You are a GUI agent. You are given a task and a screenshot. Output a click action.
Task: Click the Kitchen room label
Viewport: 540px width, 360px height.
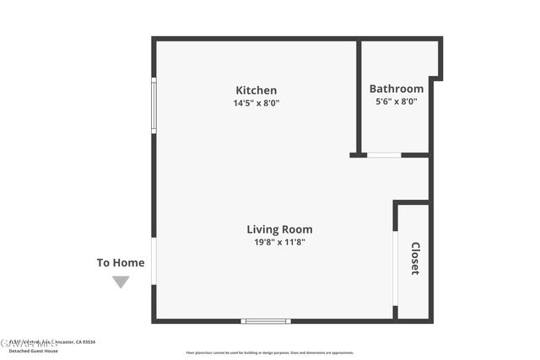(x=256, y=90)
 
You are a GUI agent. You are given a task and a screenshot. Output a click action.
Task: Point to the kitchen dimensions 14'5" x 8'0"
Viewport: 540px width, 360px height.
(x=256, y=103)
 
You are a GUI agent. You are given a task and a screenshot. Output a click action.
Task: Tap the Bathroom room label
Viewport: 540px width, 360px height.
(x=396, y=89)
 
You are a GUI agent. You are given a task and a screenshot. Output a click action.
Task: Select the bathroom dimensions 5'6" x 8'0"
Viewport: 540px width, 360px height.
(x=396, y=101)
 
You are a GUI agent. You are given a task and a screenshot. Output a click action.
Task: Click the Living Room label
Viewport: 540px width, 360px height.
(x=279, y=228)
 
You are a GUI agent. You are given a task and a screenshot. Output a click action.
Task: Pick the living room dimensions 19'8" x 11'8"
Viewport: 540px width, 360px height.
(x=279, y=242)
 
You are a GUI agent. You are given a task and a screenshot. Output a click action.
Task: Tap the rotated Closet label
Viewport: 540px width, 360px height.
(x=415, y=258)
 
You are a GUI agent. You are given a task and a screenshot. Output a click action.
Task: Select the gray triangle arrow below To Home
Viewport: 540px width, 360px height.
(x=121, y=282)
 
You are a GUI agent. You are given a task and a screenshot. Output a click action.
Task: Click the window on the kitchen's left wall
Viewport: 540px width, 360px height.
(x=154, y=105)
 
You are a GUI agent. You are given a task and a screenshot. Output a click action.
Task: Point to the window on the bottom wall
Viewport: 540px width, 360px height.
(x=265, y=321)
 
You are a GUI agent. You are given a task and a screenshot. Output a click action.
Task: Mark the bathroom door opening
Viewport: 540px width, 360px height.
(x=384, y=155)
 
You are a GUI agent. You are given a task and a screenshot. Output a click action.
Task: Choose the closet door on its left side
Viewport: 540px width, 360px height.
(x=395, y=268)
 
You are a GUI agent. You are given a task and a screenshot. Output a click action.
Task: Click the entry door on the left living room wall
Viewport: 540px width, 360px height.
(x=154, y=261)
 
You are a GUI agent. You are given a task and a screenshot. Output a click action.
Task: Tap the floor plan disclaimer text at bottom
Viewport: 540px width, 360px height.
(x=270, y=352)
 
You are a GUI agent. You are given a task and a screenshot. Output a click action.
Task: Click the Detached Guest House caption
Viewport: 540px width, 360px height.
(x=34, y=351)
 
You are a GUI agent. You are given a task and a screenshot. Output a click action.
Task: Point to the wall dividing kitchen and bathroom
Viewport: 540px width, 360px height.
(x=359, y=97)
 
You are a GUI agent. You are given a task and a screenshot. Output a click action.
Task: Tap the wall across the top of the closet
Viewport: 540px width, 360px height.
(x=412, y=202)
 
